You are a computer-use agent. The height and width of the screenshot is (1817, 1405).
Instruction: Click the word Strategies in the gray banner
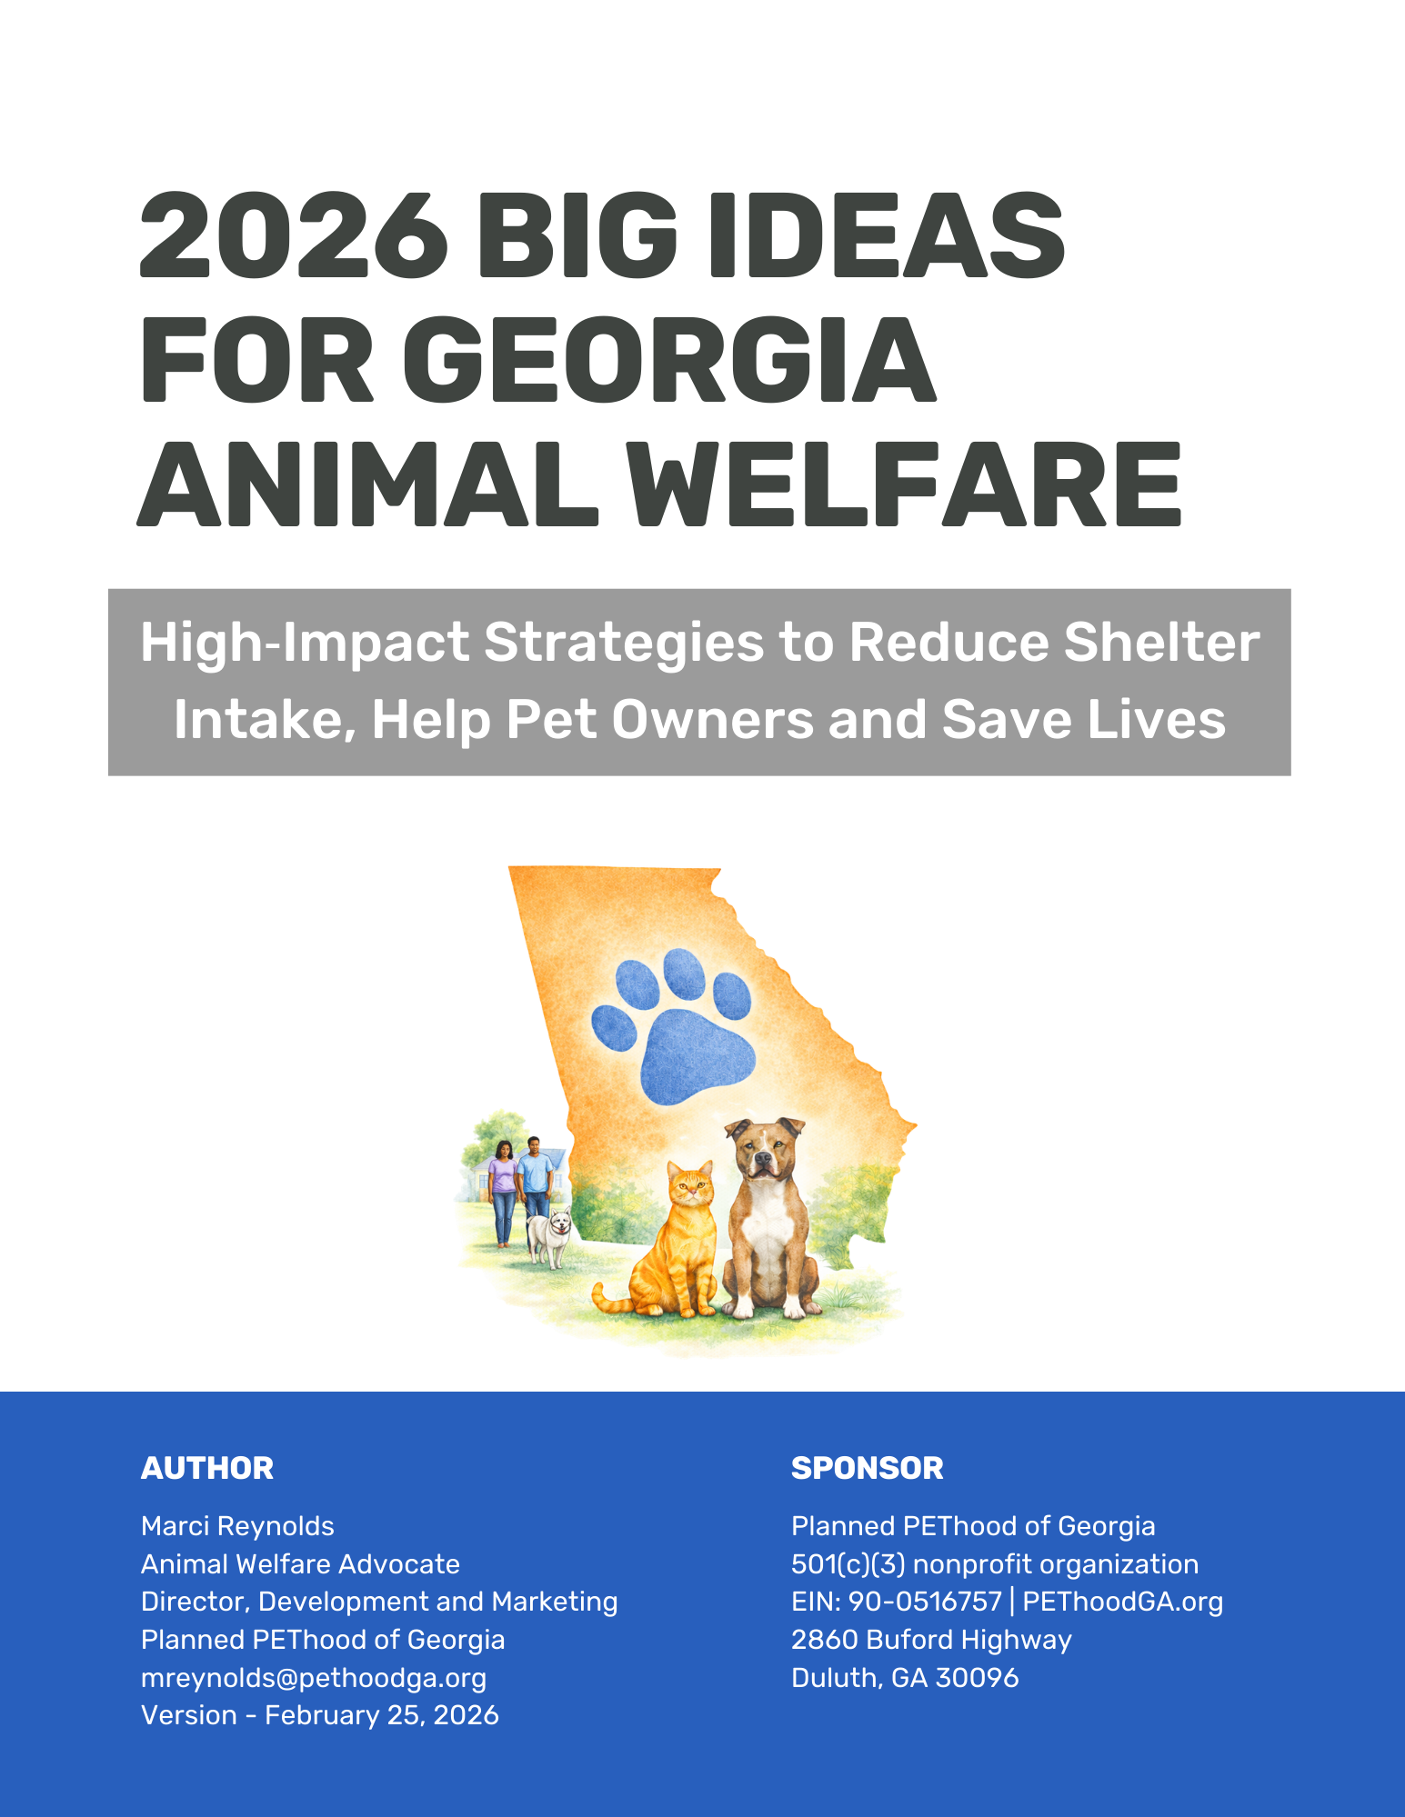(623, 643)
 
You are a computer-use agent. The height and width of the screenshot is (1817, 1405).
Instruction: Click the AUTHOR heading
(207, 1468)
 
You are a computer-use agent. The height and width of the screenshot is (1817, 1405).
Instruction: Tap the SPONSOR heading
(867, 1468)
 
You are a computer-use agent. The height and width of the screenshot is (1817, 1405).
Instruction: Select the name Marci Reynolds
(237, 1526)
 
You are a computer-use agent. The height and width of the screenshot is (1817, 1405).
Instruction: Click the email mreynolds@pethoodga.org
(314, 1678)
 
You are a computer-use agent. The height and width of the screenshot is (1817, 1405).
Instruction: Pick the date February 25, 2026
(382, 1715)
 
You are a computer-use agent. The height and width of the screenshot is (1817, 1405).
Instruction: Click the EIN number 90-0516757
(925, 1602)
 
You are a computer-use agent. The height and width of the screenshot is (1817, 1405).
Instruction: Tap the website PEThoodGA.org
(1122, 1602)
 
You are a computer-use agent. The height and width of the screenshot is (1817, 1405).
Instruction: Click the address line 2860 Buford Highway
(931, 1640)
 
